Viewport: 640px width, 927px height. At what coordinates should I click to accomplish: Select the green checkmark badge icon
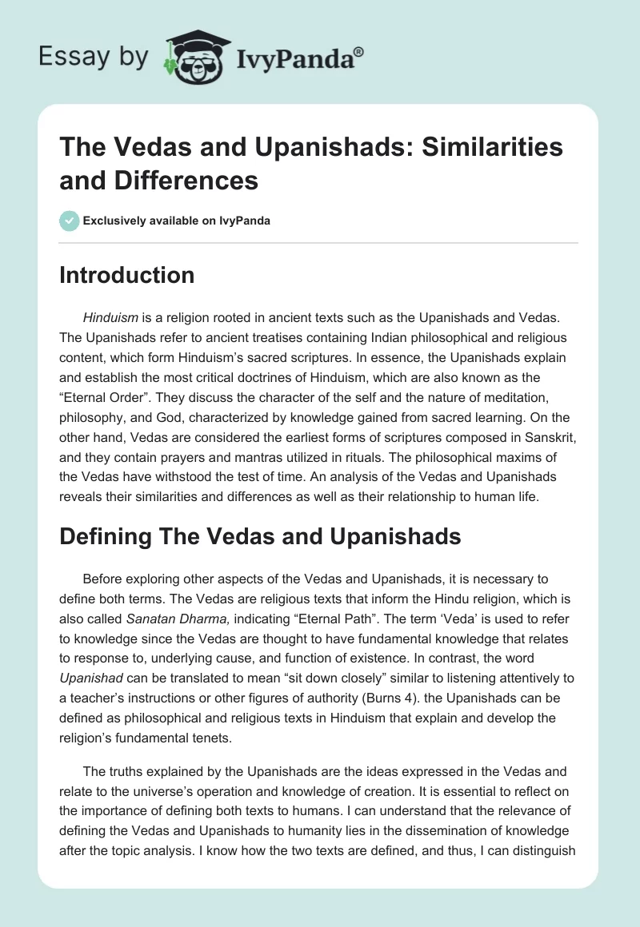(70, 221)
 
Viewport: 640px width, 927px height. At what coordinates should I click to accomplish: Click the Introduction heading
(127, 275)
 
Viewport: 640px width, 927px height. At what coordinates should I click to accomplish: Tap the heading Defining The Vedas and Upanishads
(260, 536)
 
